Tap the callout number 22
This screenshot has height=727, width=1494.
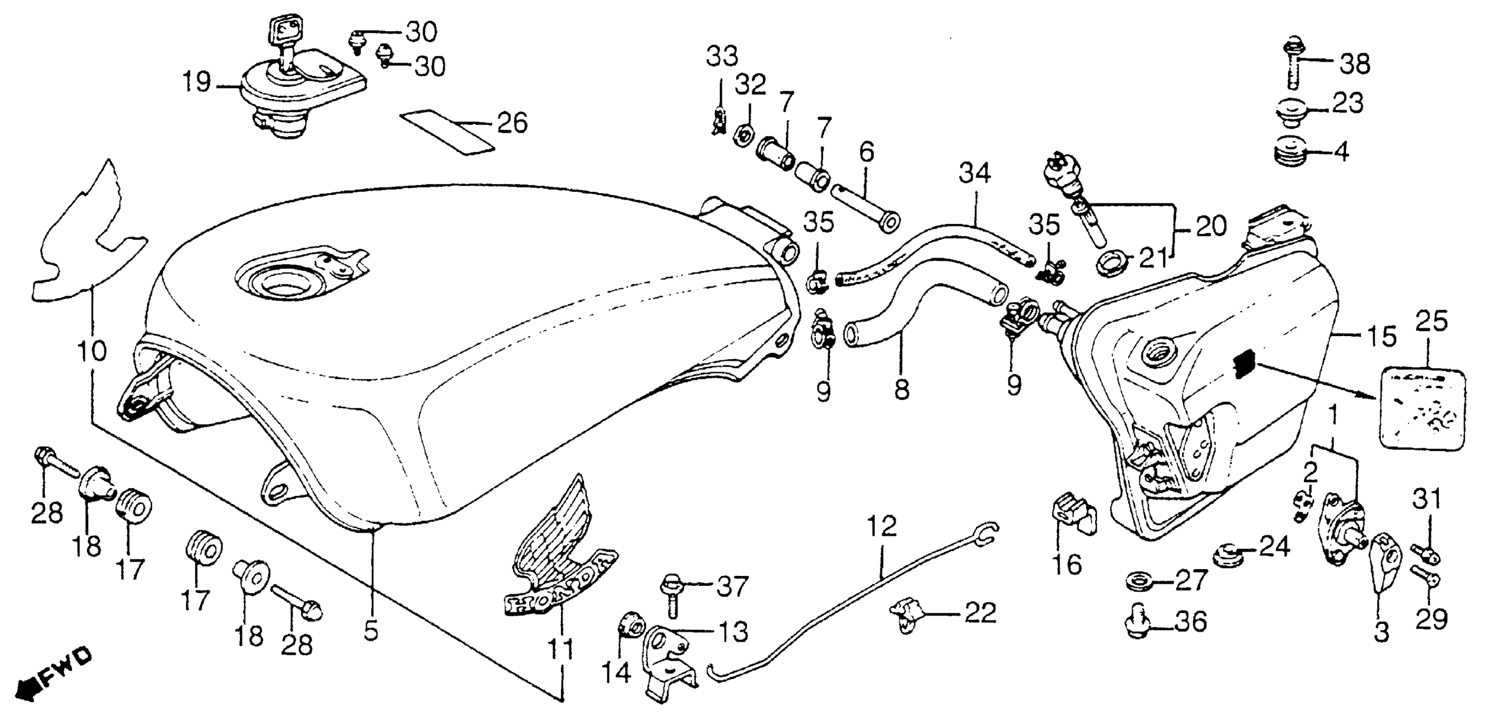pos(980,612)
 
